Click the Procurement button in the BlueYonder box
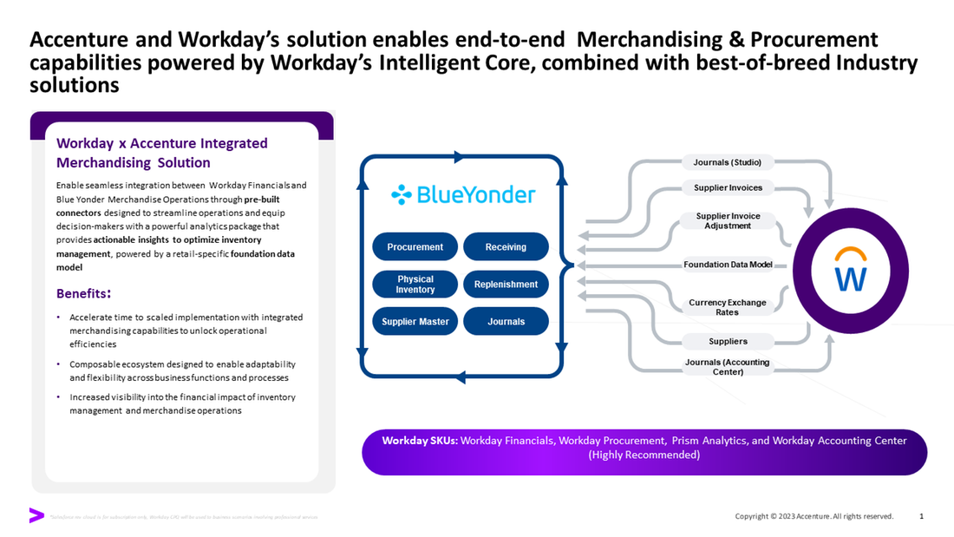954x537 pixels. (415, 247)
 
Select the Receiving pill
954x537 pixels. (506, 247)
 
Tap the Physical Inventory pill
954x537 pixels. (415, 285)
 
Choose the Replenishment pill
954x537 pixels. (506, 285)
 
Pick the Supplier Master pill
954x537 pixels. (415, 322)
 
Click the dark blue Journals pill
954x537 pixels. (506, 322)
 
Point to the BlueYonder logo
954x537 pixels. (462, 194)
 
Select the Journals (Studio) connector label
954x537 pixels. (728, 162)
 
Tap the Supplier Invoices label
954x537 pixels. (728, 188)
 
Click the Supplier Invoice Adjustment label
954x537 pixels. (728, 220)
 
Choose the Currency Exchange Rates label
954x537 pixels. (728, 307)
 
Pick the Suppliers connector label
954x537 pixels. (728, 341)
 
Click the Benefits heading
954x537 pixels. (83, 292)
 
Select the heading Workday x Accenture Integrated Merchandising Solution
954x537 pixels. (161, 153)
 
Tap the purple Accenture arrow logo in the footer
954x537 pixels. (36, 515)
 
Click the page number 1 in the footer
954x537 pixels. (921, 516)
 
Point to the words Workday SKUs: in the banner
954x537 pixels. (419, 441)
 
